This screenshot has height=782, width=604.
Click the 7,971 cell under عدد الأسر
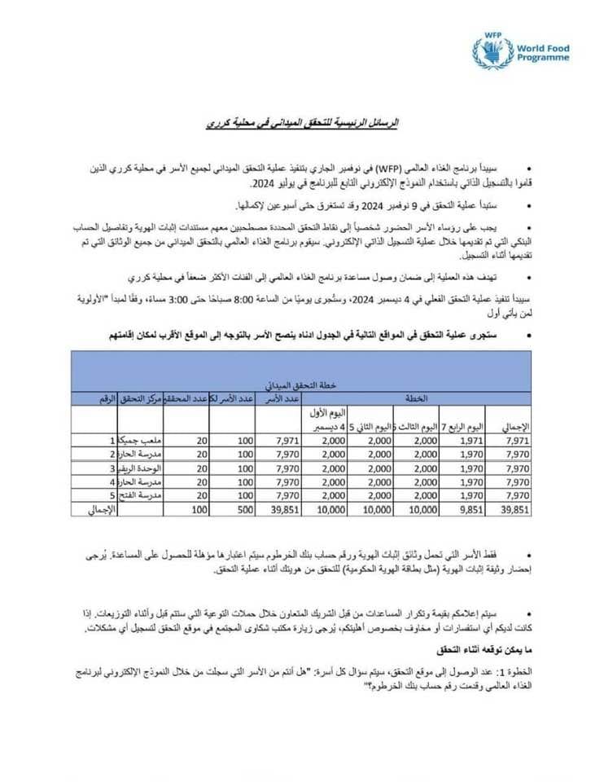pos(282,441)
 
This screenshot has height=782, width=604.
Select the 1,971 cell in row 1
pos(471,441)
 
